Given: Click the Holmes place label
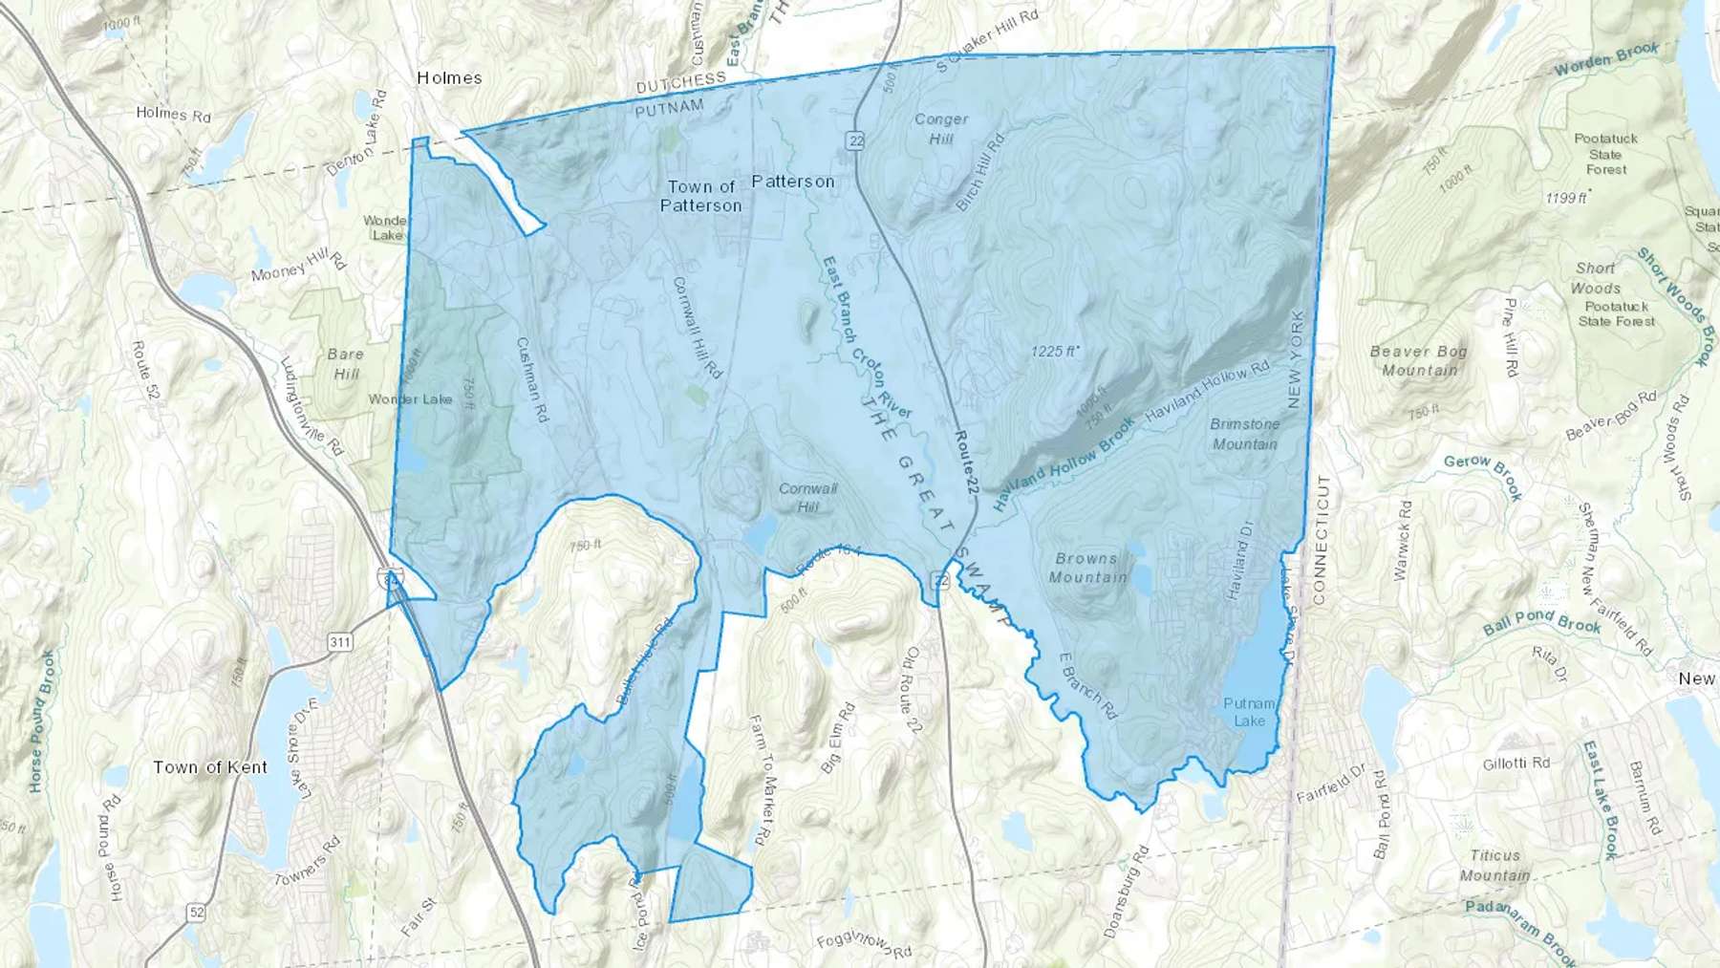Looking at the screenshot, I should click(x=449, y=77).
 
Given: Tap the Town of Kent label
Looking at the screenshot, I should click(x=210, y=767).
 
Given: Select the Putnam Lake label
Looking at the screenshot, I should click(x=1249, y=712).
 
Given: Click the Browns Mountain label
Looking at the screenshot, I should click(x=1086, y=568).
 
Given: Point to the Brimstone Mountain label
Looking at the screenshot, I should click(x=1244, y=434).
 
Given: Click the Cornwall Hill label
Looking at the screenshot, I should click(x=807, y=497).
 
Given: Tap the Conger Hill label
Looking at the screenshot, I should click(x=941, y=129).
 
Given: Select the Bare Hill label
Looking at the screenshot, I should click(x=345, y=363).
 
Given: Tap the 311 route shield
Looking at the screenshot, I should click(x=340, y=641).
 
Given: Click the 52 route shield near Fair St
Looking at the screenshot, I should click(x=197, y=913).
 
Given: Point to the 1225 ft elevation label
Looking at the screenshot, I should click(x=1055, y=352).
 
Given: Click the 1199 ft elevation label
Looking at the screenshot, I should click(x=1566, y=198).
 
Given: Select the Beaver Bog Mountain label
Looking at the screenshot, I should click(x=1418, y=360).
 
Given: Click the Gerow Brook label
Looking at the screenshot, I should click(x=1482, y=476).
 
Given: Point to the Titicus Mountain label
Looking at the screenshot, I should click(x=1494, y=866).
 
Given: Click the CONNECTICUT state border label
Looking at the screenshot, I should click(x=1321, y=540).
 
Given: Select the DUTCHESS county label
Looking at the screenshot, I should click(x=681, y=83).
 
